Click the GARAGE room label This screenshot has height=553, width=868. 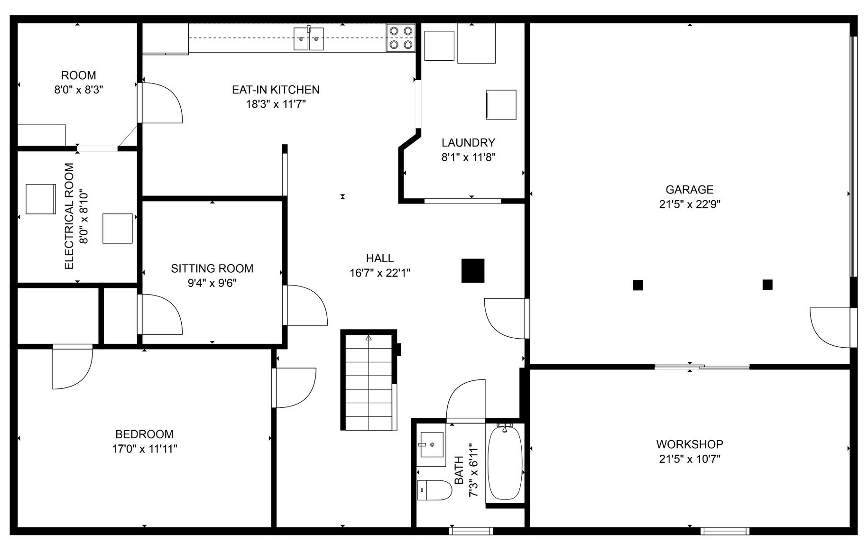pyautogui.click(x=689, y=190)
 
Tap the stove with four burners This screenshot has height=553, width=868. pyautogui.click(x=400, y=38)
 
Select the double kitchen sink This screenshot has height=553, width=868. pyautogui.click(x=308, y=39)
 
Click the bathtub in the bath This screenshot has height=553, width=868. pyautogui.click(x=505, y=463)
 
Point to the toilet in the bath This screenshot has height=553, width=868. pyautogui.click(x=434, y=490)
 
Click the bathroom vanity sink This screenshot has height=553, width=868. pyautogui.click(x=432, y=444)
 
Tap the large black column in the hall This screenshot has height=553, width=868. pyautogui.click(x=473, y=271)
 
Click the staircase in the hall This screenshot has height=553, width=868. pyautogui.click(x=369, y=382)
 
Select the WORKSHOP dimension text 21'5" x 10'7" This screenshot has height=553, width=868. pyautogui.click(x=689, y=459)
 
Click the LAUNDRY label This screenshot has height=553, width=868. pyautogui.click(x=468, y=143)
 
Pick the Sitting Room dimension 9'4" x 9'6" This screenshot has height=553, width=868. pyautogui.click(x=212, y=283)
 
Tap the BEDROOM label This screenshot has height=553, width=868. pyautogui.click(x=144, y=434)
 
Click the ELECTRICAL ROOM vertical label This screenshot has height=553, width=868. pyautogui.click(x=69, y=216)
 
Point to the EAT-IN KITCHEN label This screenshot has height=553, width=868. pyautogui.click(x=276, y=90)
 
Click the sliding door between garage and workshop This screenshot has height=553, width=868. pyautogui.click(x=702, y=367)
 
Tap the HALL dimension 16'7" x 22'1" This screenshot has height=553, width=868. pyautogui.click(x=379, y=273)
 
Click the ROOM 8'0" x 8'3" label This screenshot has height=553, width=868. pyautogui.click(x=79, y=75)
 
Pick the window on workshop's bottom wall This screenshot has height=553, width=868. pyautogui.click(x=725, y=531)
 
